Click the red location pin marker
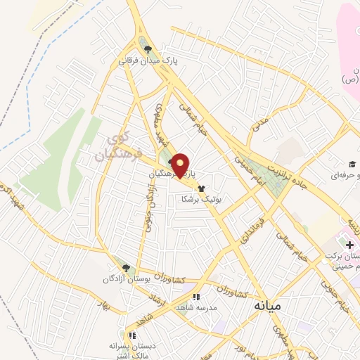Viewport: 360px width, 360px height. pos(181,165)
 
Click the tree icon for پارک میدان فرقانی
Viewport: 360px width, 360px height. pos(148,49)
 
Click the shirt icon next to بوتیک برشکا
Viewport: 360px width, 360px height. pos(202,188)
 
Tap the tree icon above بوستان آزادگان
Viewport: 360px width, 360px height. pos(126,268)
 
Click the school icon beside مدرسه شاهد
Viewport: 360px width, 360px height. pos(198,297)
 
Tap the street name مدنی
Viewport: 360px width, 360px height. pos(261,123)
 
